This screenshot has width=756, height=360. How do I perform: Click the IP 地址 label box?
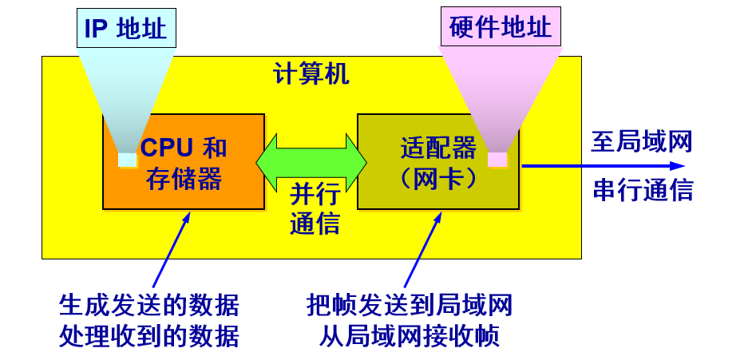126,29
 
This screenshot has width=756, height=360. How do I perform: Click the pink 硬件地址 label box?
501,28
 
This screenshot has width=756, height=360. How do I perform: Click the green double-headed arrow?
311,162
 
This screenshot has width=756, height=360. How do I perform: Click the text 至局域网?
641,142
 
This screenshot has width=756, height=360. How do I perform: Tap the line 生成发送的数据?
149,305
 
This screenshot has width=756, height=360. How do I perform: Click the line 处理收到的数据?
149,336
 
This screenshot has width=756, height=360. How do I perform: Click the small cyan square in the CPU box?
127,160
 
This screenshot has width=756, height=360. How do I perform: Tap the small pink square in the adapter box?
497,160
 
